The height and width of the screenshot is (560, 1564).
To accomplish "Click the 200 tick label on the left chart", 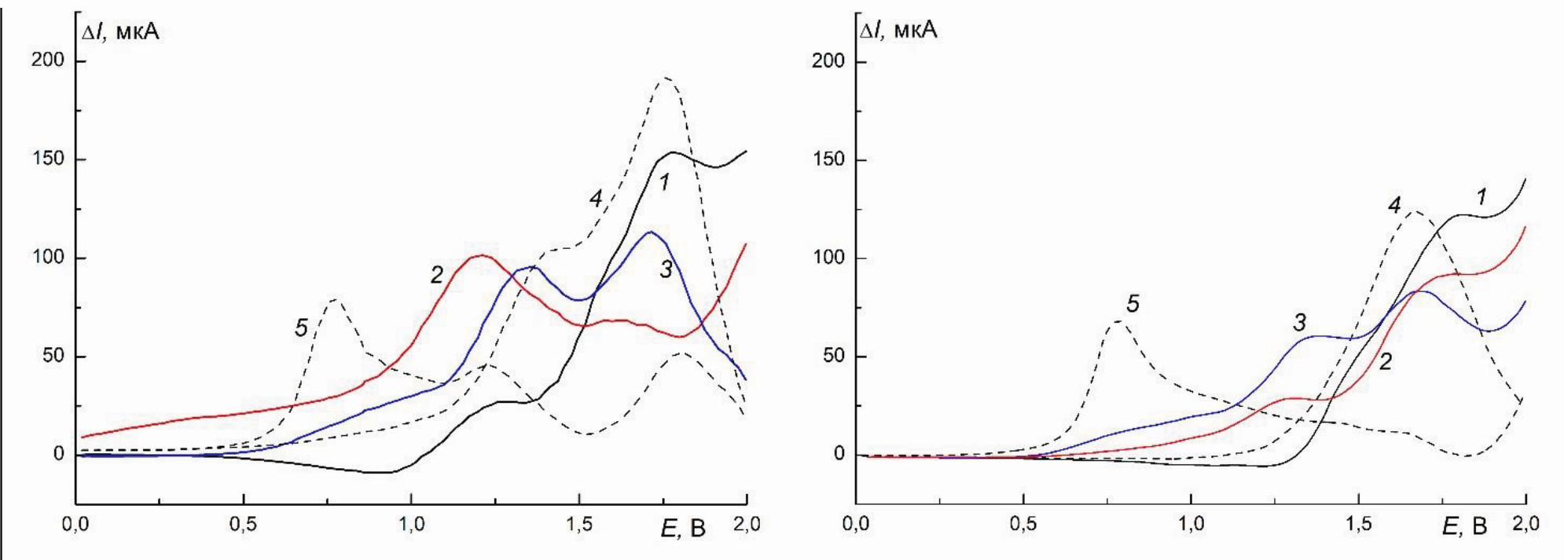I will [47, 60].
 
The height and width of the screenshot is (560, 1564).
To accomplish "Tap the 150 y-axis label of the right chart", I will [828, 159].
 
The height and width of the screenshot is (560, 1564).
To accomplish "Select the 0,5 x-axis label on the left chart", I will [243, 525].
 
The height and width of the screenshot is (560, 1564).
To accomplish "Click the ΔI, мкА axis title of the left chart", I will [119, 31].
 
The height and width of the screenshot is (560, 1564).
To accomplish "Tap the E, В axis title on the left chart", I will [683, 528].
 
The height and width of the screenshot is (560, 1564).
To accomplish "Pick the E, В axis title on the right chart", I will [1463, 526].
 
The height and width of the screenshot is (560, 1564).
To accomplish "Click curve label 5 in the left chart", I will [301, 328].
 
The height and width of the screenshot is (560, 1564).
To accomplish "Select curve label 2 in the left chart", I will [436, 274].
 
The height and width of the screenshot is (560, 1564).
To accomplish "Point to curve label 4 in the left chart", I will [597, 199].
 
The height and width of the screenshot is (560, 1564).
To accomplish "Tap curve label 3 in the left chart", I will [666, 269].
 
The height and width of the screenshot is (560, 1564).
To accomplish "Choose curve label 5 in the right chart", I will [1133, 304].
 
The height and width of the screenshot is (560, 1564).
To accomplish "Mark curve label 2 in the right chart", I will [1385, 361].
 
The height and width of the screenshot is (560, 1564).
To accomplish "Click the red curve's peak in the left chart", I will [481, 255].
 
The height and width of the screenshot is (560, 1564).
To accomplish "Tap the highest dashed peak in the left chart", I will [666, 78].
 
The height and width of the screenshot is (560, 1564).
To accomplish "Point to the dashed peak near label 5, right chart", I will [1118, 320].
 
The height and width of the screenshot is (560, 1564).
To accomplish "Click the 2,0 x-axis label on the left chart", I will [746, 525].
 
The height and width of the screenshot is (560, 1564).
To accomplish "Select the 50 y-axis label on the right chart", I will [833, 356].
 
